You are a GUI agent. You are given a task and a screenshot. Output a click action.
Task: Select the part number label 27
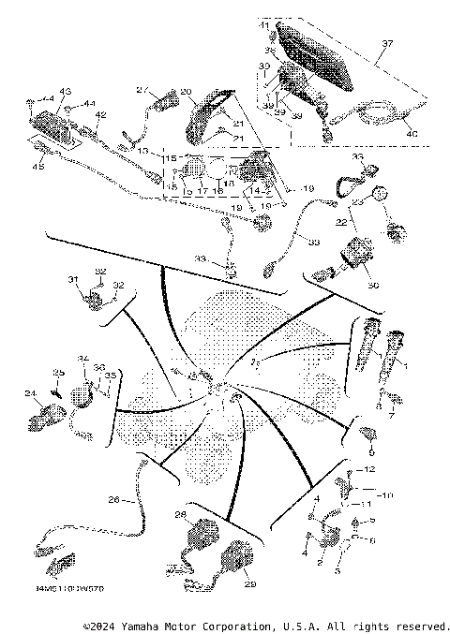click(142, 90)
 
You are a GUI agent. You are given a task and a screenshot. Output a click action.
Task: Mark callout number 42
click(100, 115)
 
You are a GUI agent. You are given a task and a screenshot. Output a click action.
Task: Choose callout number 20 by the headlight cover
click(186, 91)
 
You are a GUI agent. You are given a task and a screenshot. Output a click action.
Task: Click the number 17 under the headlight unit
click(202, 190)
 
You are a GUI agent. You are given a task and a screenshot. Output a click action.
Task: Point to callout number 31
click(72, 279)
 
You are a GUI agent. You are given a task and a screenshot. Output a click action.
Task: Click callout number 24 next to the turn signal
click(29, 392)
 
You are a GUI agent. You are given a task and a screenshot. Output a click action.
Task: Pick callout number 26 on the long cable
click(113, 500)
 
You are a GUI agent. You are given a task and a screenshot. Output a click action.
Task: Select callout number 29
click(249, 584)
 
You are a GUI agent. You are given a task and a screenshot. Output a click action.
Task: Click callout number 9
click(370, 449)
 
